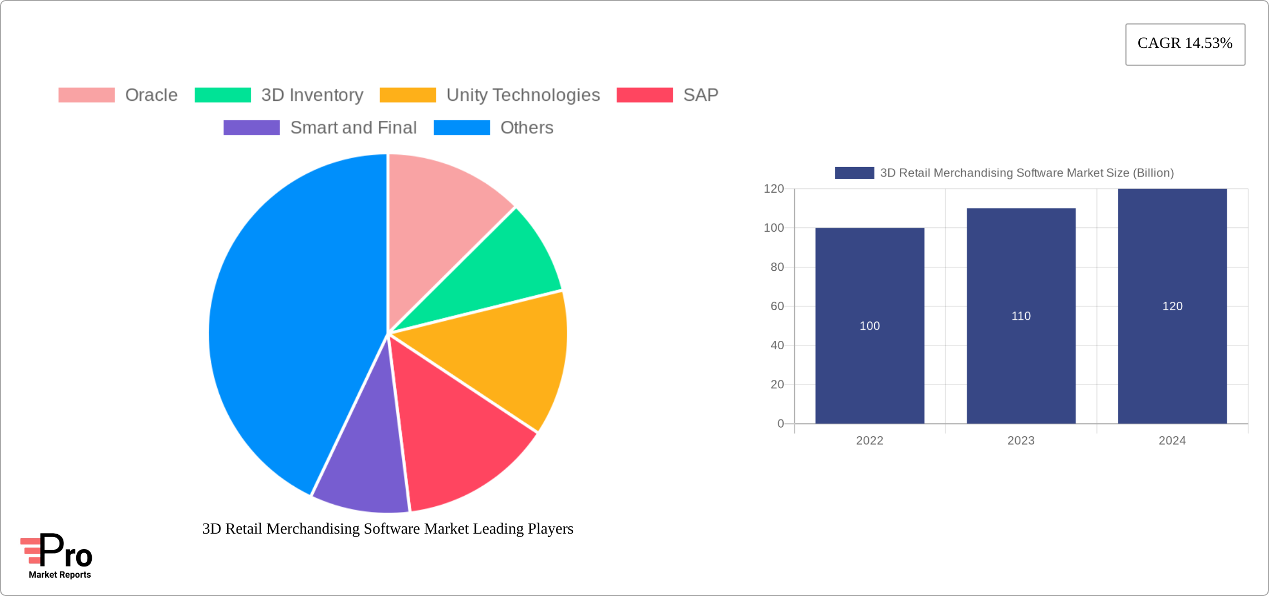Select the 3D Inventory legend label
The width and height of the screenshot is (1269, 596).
(x=312, y=95)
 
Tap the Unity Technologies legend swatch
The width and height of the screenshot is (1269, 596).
(x=407, y=95)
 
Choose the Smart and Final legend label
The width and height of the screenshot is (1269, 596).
(x=353, y=128)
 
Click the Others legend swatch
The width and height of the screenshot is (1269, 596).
(x=461, y=128)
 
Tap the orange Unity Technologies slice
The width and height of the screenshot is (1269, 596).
(x=501, y=356)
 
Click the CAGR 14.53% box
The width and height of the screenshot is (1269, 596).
(x=1185, y=44)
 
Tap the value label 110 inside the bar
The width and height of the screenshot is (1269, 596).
(x=1021, y=316)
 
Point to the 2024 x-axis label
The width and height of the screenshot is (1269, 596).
(x=1172, y=441)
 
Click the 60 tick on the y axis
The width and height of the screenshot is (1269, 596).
(x=777, y=306)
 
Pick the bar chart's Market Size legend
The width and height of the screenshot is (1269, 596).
(x=1004, y=173)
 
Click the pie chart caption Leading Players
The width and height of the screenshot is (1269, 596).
(x=388, y=529)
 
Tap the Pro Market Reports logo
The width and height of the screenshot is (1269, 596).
(x=58, y=556)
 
